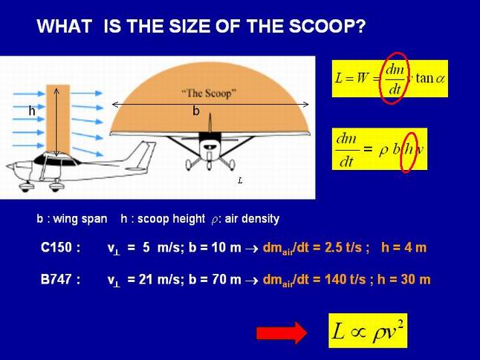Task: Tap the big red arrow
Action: [282, 333]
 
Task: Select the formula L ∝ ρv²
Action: [368, 330]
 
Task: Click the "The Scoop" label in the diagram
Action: [210, 93]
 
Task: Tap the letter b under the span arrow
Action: [196, 111]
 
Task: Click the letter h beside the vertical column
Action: [32, 111]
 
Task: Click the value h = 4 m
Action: [403, 247]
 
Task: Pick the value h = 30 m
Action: [404, 279]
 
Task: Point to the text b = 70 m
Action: [215, 279]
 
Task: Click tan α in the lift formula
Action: [429, 78]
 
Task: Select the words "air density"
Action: [252, 219]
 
